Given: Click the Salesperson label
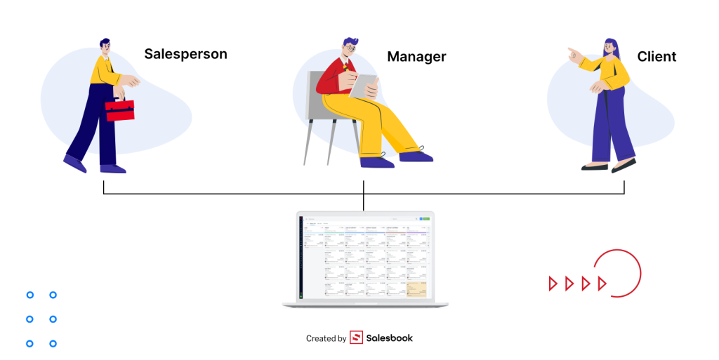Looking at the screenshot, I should pos(185,54).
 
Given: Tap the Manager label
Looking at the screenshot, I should pos(416,56).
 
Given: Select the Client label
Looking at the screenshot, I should pos(657,57).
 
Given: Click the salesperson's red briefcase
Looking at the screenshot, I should pos(119,110).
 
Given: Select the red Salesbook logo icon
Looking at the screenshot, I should pos(356,338).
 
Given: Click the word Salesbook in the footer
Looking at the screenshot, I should pos(390,338).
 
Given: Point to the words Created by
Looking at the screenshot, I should pos(326,339).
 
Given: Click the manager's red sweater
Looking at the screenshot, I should pos(329,81).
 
